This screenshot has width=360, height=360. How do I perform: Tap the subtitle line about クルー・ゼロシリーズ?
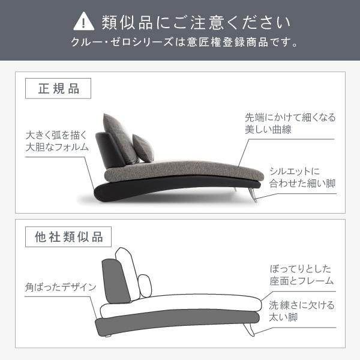(x=180, y=44)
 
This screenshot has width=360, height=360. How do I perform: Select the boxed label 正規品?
(x=58, y=89)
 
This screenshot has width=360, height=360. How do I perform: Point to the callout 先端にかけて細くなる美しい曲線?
(x=290, y=123)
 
